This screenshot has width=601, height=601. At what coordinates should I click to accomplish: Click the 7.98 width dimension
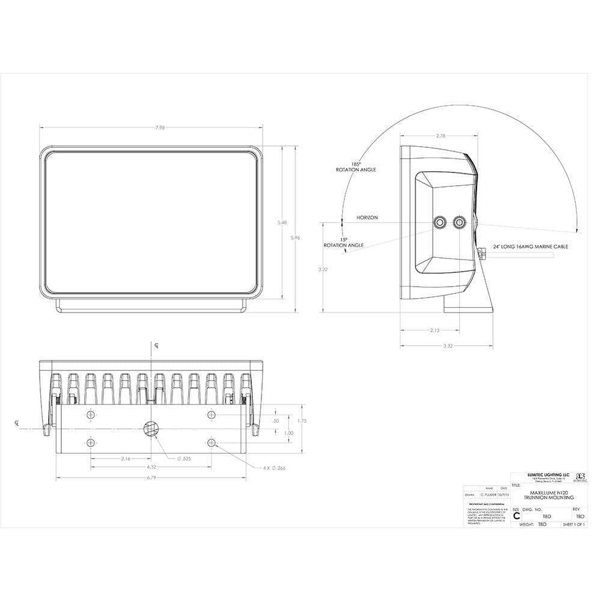tap(151, 127)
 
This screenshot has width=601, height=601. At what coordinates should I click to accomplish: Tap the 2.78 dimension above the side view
tap(441, 136)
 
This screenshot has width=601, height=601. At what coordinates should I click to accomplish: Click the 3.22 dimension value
tap(323, 269)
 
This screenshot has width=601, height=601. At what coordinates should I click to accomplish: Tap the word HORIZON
tap(367, 218)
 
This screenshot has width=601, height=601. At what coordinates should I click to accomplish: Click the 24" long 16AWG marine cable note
tap(531, 246)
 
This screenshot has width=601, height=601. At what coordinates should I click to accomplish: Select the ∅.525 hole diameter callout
tap(184, 459)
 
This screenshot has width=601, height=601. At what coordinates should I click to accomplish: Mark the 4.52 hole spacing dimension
tap(151, 468)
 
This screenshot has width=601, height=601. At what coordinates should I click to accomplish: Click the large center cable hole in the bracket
tap(150, 429)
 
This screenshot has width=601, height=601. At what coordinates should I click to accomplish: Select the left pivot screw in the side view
tap(441, 223)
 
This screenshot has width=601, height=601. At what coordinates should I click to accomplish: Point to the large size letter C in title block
tap(516, 516)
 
